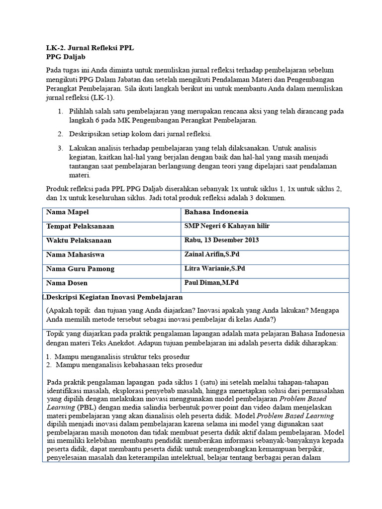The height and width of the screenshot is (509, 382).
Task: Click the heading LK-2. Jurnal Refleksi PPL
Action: [90, 48]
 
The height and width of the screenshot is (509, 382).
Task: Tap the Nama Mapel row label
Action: [68, 212]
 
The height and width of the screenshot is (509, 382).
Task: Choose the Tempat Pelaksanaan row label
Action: [80, 226]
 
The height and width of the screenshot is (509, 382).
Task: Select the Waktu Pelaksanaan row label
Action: [79, 241]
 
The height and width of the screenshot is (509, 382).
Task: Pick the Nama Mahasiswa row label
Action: [75, 254]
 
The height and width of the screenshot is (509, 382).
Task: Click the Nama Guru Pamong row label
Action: [80, 269]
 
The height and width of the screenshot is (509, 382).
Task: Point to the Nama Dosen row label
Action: [67, 283]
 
